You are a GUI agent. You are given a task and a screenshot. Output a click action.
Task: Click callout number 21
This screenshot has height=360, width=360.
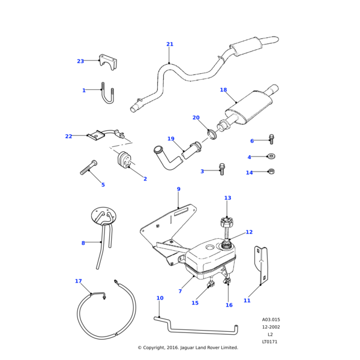pyautogui.click(x=170, y=44)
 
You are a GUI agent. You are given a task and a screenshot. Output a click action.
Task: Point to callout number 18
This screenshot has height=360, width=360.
pyautogui.click(x=223, y=90)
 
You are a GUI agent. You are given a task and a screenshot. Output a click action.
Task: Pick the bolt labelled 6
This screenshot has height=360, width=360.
pyautogui.click(x=271, y=139)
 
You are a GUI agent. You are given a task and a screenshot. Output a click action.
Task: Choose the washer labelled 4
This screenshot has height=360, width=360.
pyautogui.click(x=271, y=157)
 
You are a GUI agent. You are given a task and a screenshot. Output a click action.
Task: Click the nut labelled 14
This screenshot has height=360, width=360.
pyautogui.click(x=271, y=172)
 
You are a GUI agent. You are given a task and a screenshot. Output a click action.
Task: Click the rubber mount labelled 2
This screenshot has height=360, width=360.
pyautogui.click(x=125, y=161)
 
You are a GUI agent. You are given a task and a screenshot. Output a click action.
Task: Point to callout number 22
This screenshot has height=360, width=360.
pyautogui.click(x=68, y=136)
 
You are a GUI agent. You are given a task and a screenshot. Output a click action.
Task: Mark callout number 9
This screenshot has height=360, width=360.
pyautogui.click(x=178, y=189)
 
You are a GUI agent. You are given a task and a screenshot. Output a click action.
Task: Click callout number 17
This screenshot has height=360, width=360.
pyautogui.click(x=78, y=281)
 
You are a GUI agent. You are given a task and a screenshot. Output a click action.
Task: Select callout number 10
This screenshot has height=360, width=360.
pyautogui.click(x=160, y=298)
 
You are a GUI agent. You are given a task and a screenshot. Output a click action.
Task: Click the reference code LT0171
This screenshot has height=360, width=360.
pyautogui.click(x=271, y=341)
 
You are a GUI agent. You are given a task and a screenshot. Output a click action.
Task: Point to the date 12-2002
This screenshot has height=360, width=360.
pyautogui.click(x=271, y=327)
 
